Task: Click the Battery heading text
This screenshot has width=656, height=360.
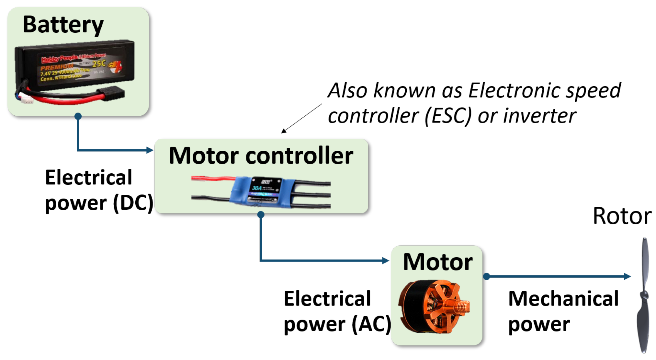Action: (63, 25)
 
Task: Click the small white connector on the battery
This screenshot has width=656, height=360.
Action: (26, 99)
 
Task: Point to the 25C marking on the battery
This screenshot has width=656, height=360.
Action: (99, 64)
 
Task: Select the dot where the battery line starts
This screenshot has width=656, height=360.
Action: (78, 116)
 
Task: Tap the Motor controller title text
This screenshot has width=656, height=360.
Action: (261, 156)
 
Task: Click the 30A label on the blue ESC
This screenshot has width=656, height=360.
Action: (257, 188)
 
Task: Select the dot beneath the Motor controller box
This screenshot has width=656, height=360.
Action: (261, 214)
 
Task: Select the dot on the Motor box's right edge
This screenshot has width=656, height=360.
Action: (486, 276)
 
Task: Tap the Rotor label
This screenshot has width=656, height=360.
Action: (622, 216)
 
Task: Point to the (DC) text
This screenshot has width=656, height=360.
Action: (133, 203)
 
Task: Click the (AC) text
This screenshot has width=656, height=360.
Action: (371, 324)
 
